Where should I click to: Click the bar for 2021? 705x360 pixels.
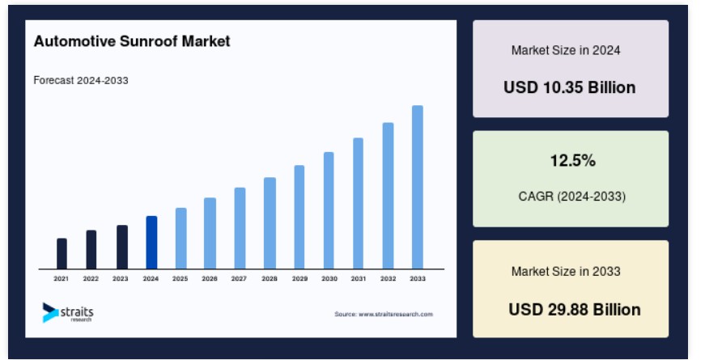tap(62, 253)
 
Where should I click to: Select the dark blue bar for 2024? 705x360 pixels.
tap(151, 243)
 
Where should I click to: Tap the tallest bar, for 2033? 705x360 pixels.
tap(417, 188)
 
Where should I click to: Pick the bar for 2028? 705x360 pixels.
tap(270, 223)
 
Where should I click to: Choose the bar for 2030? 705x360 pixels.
tap(329, 211)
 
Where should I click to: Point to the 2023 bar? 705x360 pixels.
tap(122, 248)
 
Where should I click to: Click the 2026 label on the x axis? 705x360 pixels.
tap(210, 278)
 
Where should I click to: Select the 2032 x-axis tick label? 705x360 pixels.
tap(388, 278)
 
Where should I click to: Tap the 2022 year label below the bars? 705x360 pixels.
tap(91, 278)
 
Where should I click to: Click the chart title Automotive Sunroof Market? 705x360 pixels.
tap(132, 41)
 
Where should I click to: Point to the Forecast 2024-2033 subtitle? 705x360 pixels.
tap(81, 80)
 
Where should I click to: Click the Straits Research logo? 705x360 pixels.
tap(68, 313)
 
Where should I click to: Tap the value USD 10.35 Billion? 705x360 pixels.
tap(570, 87)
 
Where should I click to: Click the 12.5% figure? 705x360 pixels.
tap(573, 160)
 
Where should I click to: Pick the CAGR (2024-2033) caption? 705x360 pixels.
tap(572, 197)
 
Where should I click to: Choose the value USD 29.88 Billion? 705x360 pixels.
tap(575, 310)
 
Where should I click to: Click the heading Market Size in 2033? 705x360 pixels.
tap(566, 272)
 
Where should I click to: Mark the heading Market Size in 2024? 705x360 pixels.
tap(566, 50)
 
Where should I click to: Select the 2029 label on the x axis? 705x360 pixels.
tap(299, 278)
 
